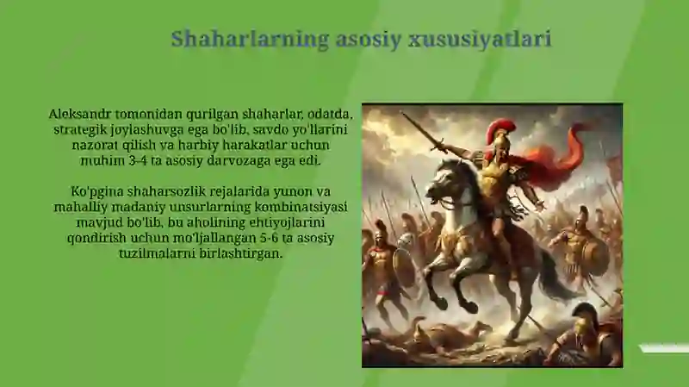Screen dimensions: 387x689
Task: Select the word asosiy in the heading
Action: point(359,40)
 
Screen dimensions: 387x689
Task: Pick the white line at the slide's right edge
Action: point(663,348)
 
